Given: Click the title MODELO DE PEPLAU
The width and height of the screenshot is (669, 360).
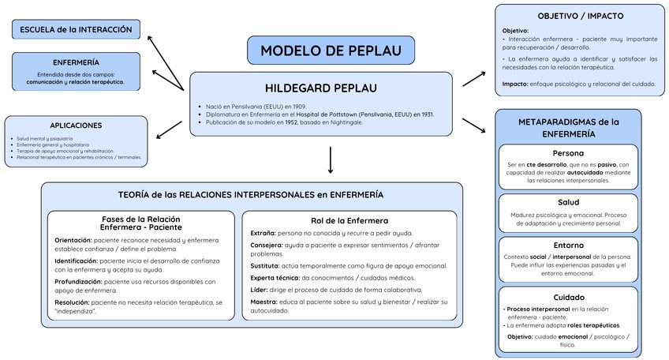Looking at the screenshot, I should (x=331, y=51).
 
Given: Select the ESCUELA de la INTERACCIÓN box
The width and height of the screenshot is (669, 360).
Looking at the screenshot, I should (x=77, y=30).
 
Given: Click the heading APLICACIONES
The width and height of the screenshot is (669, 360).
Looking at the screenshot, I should (x=76, y=126).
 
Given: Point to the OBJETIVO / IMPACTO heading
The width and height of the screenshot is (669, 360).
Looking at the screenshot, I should (x=579, y=16).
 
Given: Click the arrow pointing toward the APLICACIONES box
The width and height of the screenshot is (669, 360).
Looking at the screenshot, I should (x=169, y=129).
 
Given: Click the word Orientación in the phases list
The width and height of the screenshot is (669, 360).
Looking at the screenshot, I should (x=73, y=240).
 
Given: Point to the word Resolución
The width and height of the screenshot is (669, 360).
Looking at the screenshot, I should (x=72, y=302).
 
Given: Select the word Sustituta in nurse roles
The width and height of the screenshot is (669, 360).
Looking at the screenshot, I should (x=265, y=265).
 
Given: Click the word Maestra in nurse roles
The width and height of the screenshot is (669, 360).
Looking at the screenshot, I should (x=263, y=302).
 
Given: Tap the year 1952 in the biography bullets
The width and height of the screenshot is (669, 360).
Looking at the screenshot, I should (x=292, y=122).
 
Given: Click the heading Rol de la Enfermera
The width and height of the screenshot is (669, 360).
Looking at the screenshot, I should (x=349, y=220).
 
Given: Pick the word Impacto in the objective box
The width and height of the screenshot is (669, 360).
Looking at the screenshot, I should (x=515, y=83).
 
